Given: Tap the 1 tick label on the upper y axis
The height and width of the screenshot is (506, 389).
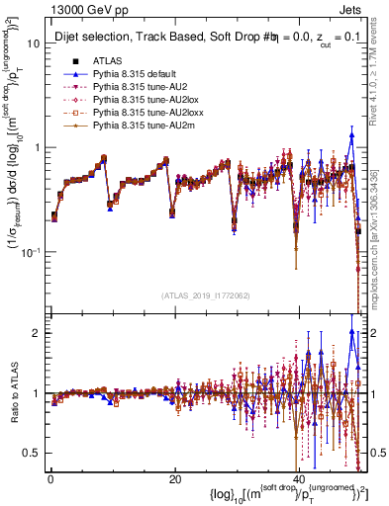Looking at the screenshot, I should pyautogui.click(x=37, y=148).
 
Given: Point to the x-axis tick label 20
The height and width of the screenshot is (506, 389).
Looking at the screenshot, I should pyautogui.click(x=174, y=479).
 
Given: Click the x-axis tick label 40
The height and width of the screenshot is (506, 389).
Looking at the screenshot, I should pyautogui.click(x=298, y=479).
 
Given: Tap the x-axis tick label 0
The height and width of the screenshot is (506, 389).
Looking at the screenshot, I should pyautogui.click(x=50, y=479).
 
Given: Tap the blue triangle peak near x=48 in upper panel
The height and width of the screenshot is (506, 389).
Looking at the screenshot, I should pyautogui.click(x=351, y=135).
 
